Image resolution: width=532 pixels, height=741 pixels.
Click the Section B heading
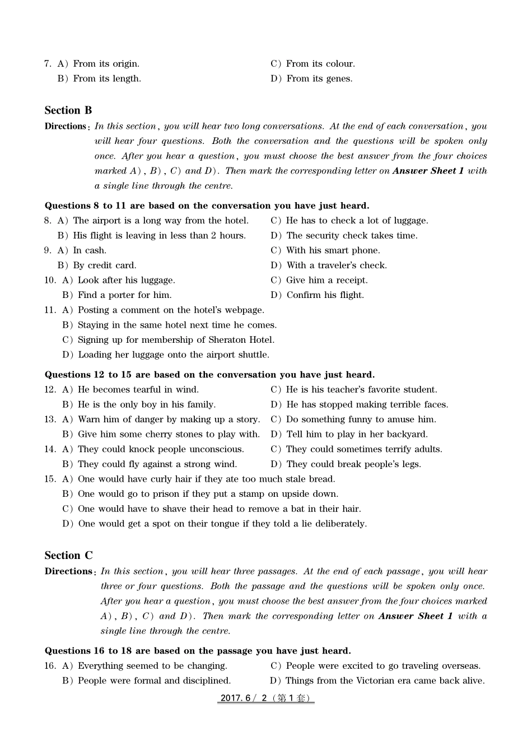pyautogui.click(x=68, y=110)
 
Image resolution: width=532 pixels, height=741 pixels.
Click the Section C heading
pyautogui.click(x=68, y=556)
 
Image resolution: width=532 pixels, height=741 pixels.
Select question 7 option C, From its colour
pyautogui.click(x=313, y=64)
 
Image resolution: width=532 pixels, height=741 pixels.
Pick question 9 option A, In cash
pyautogui.click(x=82, y=250)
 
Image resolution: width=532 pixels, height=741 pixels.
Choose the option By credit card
pyautogui.click(x=97, y=265)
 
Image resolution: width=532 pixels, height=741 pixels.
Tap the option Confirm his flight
pyautogui.click(x=318, y=295)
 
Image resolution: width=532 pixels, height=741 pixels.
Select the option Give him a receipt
pyautogui.click(x=320, y=280)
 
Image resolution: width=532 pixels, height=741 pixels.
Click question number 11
pyautogui.click(x=50, y=310)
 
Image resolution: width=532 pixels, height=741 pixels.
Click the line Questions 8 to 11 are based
pyautogui.click(x=207, y=206)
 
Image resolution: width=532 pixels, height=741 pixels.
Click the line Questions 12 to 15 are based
pyautogui.click(x=209, y=375)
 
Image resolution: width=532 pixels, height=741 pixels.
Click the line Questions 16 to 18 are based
pyautogui.click(x=198, y=651)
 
